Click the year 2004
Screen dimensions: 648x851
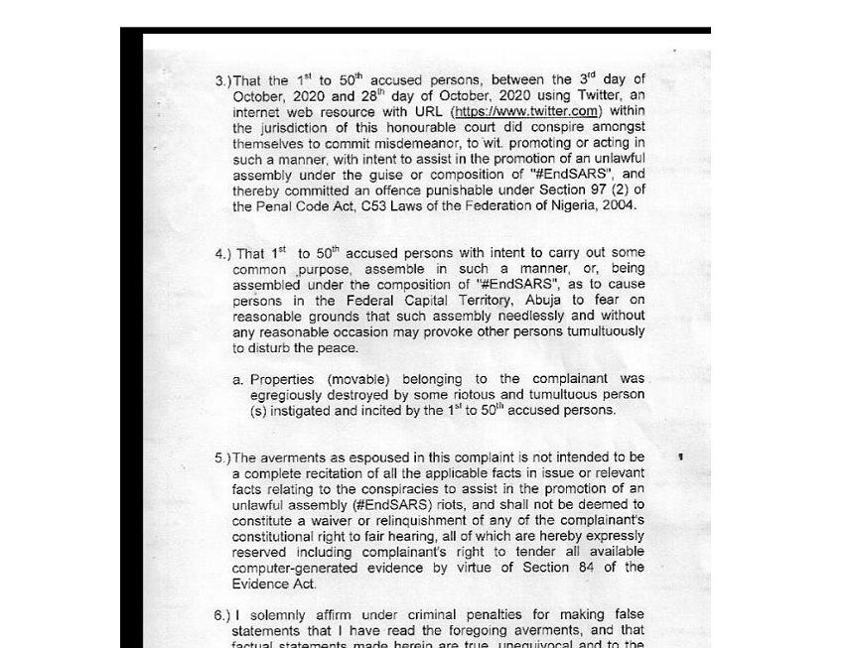618,205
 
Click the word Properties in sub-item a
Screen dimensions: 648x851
283,379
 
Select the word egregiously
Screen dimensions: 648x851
291,394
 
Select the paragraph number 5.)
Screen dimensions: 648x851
222,458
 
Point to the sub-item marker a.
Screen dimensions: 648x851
237,379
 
